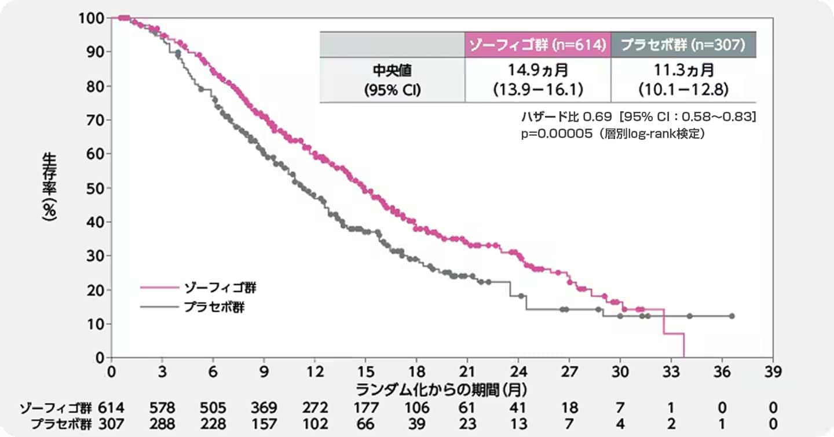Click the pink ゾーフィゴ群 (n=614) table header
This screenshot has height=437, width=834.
[x=537, y=45]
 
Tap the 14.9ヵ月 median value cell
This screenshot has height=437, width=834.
[x=537, y=80]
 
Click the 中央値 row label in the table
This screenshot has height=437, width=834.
[x=392, y=80]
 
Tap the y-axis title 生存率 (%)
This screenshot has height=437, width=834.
[x=50, y=187]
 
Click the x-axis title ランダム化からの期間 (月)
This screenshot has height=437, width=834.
[x=441, y=387]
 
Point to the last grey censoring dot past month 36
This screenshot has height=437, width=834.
[x=731, y=316]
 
